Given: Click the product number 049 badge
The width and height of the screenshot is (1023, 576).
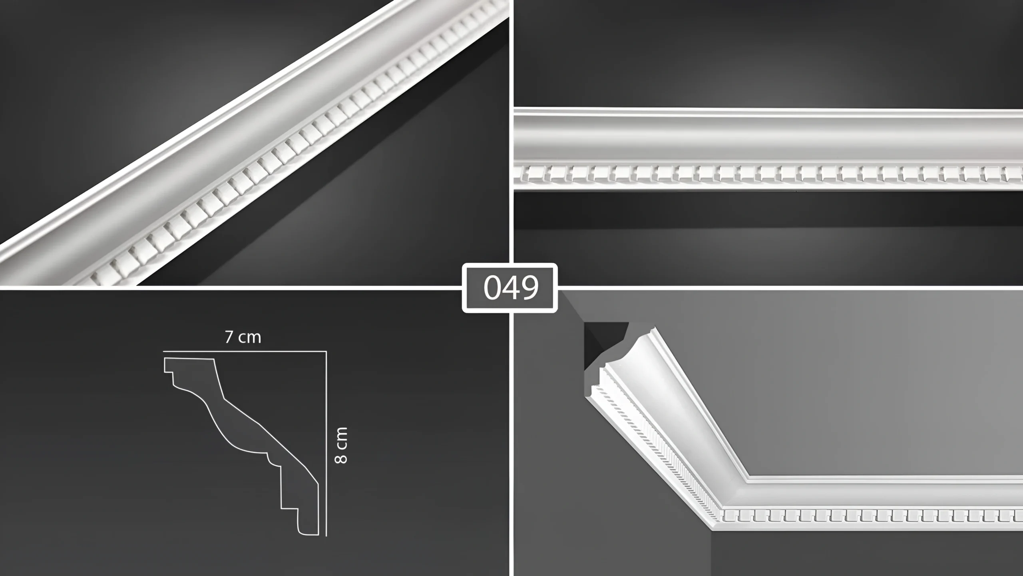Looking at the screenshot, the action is (510, 288).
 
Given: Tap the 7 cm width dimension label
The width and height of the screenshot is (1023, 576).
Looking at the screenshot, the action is (243, 337).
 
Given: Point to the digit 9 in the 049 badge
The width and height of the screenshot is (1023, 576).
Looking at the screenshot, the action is (529, 288).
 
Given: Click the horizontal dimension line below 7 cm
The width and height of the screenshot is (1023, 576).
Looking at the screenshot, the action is (245, 351).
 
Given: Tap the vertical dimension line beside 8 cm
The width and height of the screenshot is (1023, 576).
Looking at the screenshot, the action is (326, 443).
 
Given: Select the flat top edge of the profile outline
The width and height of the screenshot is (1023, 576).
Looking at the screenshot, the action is (189, 359).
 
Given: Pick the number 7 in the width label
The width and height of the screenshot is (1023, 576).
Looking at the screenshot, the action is (229, 338).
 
